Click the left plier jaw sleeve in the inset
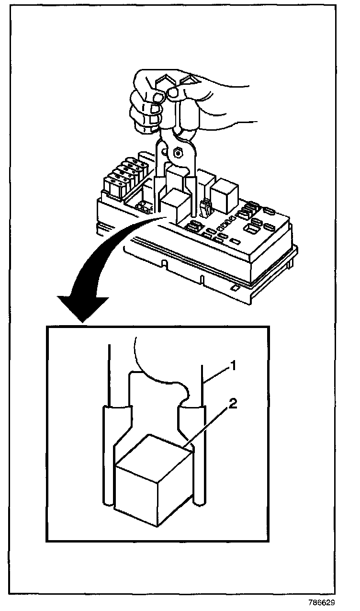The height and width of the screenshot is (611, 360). [115, 426]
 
